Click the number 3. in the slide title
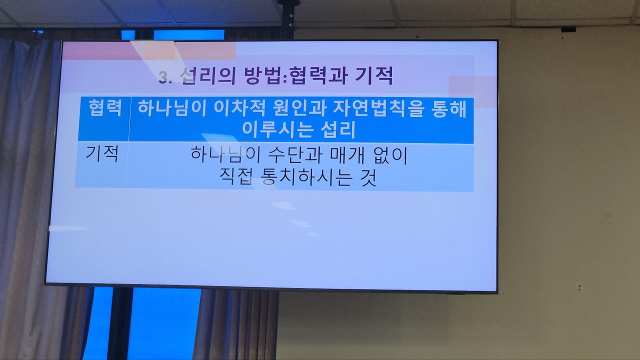coord(165,77)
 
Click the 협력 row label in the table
coord(105,107)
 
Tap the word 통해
coord(449,108)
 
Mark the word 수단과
coord(295,155)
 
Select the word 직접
coord(236,177)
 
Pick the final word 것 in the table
coord(368,177)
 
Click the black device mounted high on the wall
coord(568,29)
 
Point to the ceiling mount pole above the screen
coord(286,19)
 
